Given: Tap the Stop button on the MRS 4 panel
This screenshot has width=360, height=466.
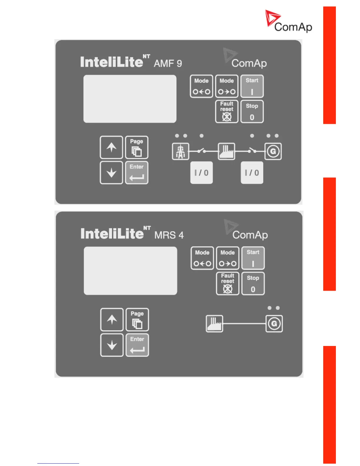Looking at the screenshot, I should coord(253,284).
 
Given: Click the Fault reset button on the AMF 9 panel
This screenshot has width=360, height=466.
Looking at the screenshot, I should coord(226,111).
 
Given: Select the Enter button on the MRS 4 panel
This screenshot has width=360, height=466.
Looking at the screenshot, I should coord(137,345).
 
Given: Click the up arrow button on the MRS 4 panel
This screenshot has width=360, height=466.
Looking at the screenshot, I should coord(112,319).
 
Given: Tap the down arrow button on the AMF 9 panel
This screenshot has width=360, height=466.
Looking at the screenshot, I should coord(111,173).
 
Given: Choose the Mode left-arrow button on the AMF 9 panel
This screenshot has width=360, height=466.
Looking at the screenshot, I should coord(201,86).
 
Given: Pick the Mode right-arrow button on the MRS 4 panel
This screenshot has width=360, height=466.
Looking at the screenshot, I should coord(228,258).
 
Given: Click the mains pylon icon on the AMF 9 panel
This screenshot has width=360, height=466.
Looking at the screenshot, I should coord(181,151).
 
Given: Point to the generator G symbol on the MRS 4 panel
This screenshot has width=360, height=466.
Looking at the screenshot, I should coord(274,324).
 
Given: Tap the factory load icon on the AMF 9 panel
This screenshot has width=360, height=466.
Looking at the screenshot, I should coord(226,151).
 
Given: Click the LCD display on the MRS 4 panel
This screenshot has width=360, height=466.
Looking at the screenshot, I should coord(130,271).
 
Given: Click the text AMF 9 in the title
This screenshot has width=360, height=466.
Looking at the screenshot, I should coord(168,63).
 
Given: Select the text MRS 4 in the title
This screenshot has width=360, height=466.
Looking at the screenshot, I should coord(169,235).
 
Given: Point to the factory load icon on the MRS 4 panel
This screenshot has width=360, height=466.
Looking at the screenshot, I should coord(214,324).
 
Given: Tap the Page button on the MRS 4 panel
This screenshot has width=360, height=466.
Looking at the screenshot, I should coord(137,319).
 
